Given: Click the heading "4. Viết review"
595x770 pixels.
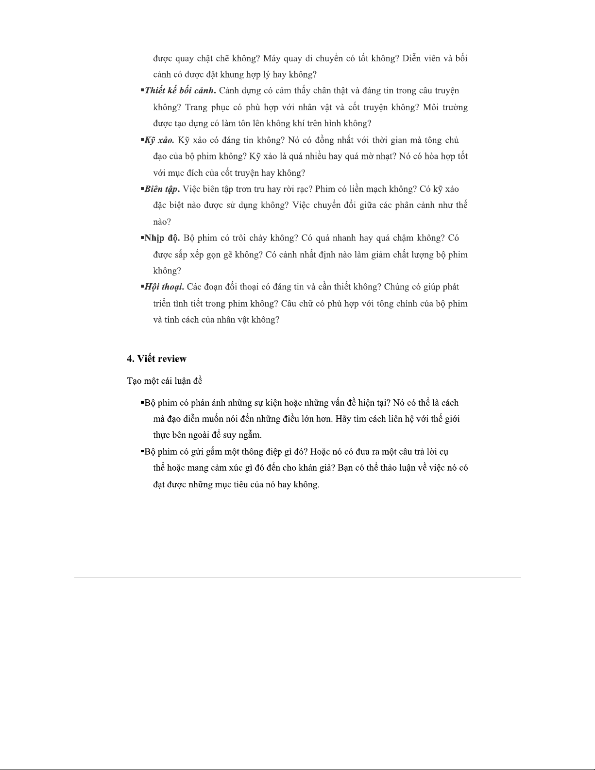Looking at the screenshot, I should (156, 359).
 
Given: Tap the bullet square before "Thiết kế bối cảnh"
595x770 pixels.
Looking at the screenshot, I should (142, 90).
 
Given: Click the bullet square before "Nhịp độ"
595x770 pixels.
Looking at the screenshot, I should (142, 238).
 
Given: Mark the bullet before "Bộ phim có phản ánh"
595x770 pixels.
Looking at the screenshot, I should (142, 402).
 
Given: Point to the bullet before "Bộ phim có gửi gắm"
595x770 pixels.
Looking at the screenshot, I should (142, 451).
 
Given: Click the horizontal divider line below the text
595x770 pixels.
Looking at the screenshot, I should (297, 578).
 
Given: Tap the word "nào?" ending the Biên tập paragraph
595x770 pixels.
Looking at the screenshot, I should (162, 222).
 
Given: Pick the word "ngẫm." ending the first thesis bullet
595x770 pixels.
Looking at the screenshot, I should (251, 435).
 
